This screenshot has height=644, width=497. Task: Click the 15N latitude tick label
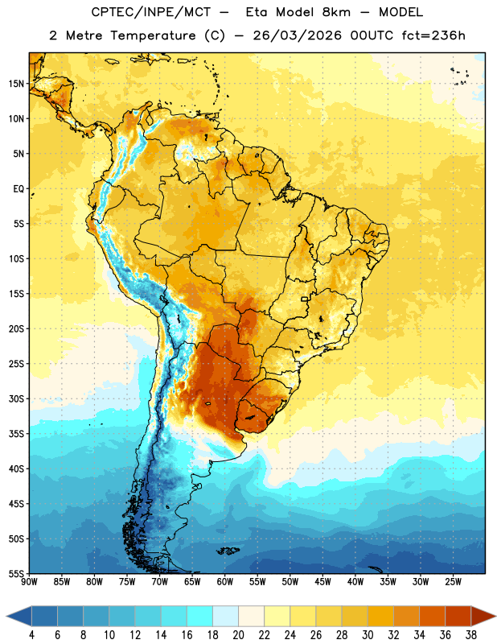16,84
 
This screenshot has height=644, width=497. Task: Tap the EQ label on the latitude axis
18,189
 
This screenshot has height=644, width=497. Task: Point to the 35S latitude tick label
16,434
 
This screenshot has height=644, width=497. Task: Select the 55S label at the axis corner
16,573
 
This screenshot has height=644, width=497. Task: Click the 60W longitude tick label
225,582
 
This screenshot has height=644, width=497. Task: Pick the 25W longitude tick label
453,582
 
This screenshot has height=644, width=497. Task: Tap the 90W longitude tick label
29,582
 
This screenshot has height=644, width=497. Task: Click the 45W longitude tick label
322,582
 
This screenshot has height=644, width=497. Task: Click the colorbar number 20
238,635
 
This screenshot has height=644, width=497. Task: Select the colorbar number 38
470,635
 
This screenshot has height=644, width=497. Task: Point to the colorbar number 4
31,635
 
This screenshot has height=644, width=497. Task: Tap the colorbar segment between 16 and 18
199,616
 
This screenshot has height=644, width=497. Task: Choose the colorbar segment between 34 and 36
432,616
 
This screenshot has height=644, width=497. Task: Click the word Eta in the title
257,12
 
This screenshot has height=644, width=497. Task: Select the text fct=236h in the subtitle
433,35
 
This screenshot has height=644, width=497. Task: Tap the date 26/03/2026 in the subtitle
297,35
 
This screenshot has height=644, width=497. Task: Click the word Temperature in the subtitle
153,35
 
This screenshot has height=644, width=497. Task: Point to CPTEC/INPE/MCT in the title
150,12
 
